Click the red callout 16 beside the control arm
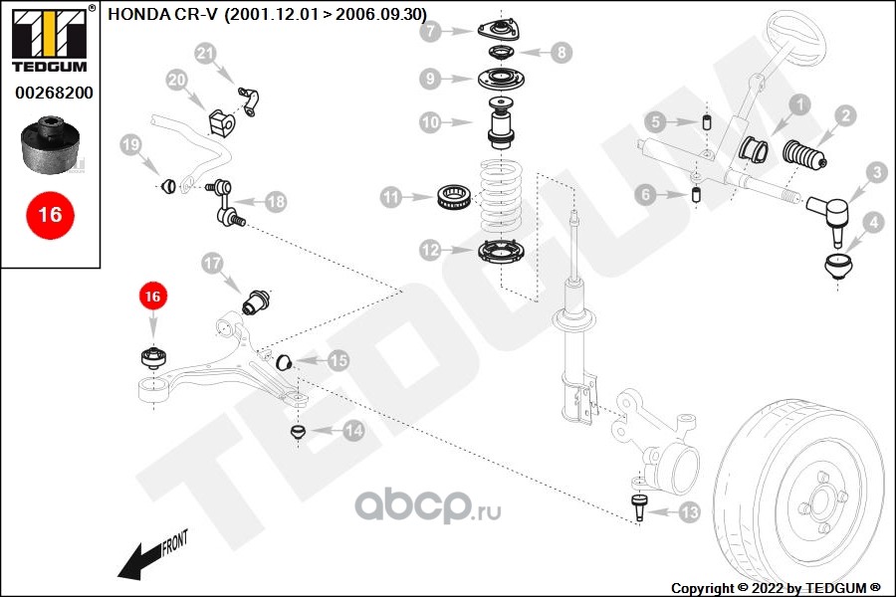click(152, 296)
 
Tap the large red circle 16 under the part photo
click(49, 214)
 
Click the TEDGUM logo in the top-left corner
click(49, 39)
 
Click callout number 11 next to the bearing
click(391, 198)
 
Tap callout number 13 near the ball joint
click(689, 513)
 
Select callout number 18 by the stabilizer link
click(275, 202)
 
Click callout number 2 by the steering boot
click(843, 116)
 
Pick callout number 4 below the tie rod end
click(873, 222)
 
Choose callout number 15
click(338, 362)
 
